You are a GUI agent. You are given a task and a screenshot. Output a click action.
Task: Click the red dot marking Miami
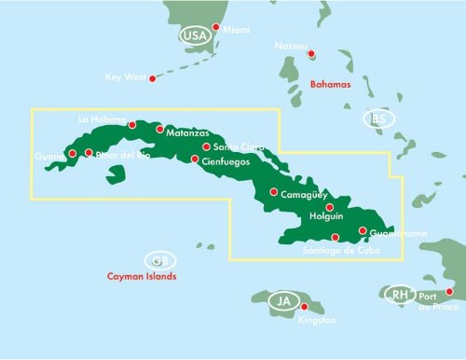215,27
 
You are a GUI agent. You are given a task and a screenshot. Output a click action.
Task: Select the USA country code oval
194,35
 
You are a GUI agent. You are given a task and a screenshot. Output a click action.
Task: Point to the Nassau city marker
311,53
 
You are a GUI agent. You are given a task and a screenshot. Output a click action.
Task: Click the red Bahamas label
331,84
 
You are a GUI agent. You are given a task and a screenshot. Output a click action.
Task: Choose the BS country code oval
377,118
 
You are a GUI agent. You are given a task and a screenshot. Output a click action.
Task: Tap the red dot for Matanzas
159,130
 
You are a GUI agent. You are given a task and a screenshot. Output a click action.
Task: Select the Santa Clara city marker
206,146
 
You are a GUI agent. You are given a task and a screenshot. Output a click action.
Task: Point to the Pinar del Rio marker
89,153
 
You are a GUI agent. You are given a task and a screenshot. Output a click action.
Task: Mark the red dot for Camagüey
273,192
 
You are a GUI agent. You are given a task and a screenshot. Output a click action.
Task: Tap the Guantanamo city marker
362,231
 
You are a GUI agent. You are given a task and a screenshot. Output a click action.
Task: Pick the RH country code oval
399,295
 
